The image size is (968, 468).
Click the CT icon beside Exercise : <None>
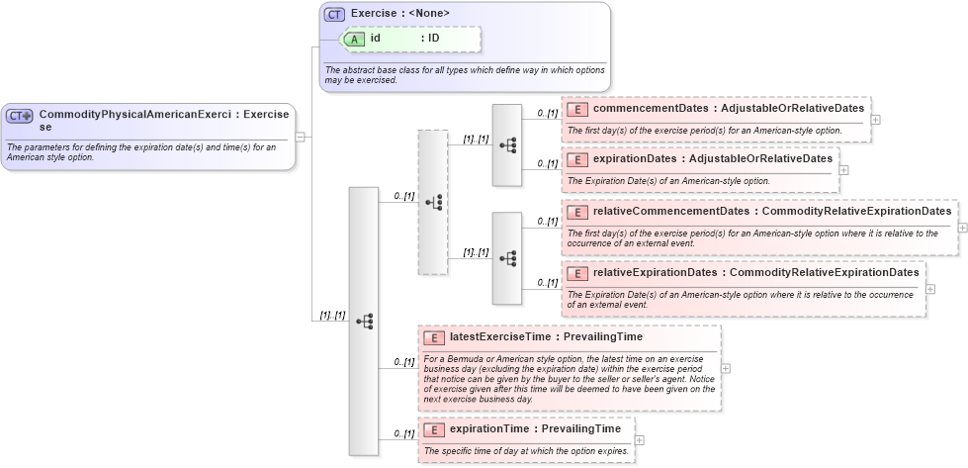pos(334,14)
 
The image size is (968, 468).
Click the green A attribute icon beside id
pos(353,39)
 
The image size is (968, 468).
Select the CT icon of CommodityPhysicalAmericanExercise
pos(20,116)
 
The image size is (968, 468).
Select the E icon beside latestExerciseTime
pos(433,337)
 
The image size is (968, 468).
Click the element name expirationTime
pos(491,428)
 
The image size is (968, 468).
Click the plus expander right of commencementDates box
pos(876,120)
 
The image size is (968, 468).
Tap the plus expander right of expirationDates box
pos(843,169)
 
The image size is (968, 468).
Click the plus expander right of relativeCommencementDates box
pos(962,228)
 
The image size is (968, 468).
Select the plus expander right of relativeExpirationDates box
pos(929,288)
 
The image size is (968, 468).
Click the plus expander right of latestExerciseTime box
pos(727,367)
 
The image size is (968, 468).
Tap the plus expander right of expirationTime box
pos(639,439)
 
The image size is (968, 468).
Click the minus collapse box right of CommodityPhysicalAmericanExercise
pos(300,137)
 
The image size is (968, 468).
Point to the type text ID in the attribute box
pos(433,39)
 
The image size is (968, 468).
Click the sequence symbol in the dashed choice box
pos(433,202)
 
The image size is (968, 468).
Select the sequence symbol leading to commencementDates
pos(507,144)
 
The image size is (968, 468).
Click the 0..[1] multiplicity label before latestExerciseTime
pos(403,361)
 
